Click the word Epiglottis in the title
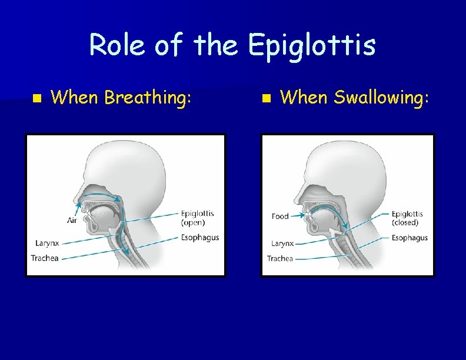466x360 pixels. tap(311, 45)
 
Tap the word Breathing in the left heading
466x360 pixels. tap(148, 98)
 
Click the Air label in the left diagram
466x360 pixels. tap(72, 221)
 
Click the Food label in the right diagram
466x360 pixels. tap(280, 216)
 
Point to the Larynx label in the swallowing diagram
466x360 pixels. tap(282, 244)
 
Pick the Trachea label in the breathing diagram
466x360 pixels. tap(45, 258)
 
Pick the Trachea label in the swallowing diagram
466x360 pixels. tap(280, 259)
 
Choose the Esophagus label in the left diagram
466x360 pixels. tap(200, 238)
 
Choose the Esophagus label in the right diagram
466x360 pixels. tap(410, 238)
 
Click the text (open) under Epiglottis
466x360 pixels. tap(193, 223)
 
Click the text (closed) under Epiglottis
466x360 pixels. tap(405, 223)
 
